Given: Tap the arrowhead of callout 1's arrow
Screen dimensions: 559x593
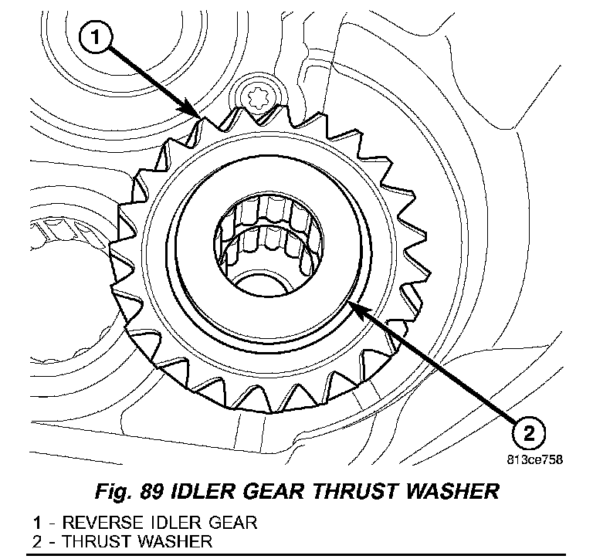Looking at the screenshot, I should [x=198, y=115].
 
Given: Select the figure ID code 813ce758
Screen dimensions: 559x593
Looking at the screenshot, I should [x=534, y=458].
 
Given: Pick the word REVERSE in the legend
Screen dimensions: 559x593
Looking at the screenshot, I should [x=83, y=522].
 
